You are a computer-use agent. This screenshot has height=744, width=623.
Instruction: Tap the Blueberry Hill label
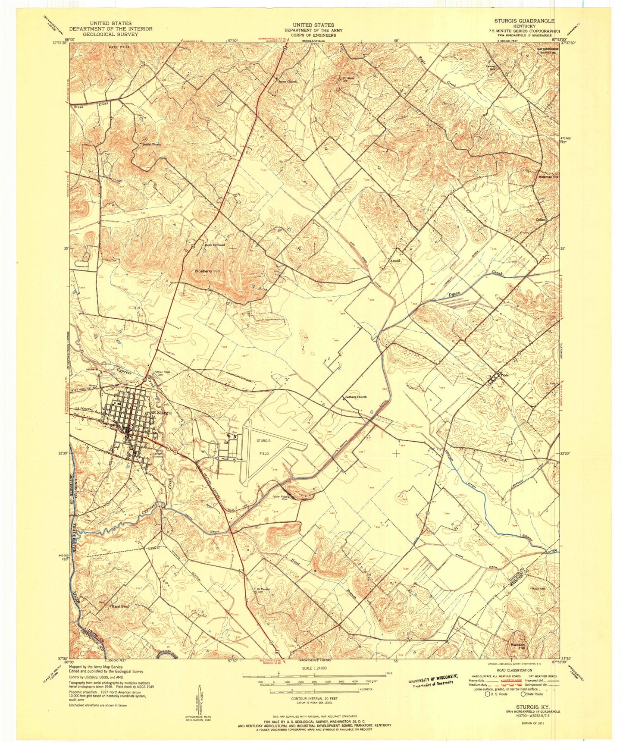click(207, 271)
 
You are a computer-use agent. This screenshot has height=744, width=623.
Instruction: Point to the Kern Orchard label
click(215, 245)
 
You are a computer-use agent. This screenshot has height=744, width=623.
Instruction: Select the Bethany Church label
click(356, 397)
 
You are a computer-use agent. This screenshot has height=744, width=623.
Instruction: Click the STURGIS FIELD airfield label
click(263, 447)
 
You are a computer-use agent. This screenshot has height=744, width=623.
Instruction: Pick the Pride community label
click(505, 376)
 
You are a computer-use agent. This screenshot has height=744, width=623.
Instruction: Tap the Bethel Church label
click(149, 144)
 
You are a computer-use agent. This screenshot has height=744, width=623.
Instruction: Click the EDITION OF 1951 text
click(544, 722)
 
